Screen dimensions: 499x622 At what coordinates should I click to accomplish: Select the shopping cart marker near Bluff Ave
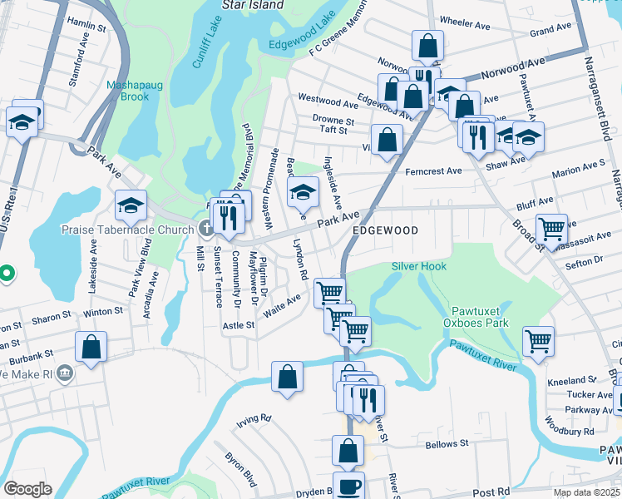tap(551, 227)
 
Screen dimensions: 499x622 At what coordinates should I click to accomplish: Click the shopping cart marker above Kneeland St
tap(539, 339)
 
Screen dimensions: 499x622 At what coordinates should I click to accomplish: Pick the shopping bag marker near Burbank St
tap(91, 346)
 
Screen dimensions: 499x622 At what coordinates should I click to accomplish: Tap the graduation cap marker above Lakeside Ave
tap(131, 204)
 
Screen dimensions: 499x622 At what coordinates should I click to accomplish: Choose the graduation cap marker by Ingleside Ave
tap(304, 192)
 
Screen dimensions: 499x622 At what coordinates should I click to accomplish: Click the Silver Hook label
tap(419, 266)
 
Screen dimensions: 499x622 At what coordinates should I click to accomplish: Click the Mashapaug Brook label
tap(127, 91)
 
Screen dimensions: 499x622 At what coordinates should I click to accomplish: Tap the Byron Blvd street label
tap(239, 469)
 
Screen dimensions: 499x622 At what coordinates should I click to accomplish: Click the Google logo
tap(27, 489)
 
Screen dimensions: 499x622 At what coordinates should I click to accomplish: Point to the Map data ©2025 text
tap(585, 492)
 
